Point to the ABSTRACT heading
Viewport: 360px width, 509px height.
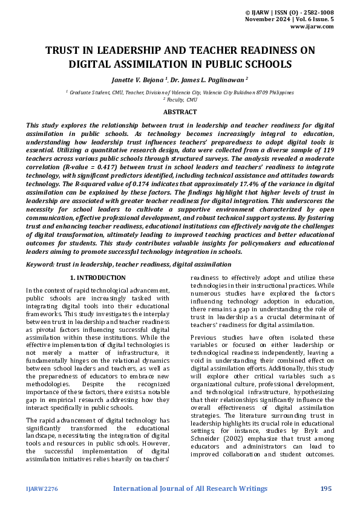pos(180,112)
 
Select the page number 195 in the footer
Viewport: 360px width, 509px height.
pos(326,488)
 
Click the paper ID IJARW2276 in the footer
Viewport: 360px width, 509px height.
pos(41,488)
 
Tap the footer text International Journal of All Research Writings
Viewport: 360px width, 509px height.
pos(191,488)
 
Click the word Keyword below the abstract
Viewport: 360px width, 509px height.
pos(39,264)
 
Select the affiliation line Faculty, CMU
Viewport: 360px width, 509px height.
pos(182,99)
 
